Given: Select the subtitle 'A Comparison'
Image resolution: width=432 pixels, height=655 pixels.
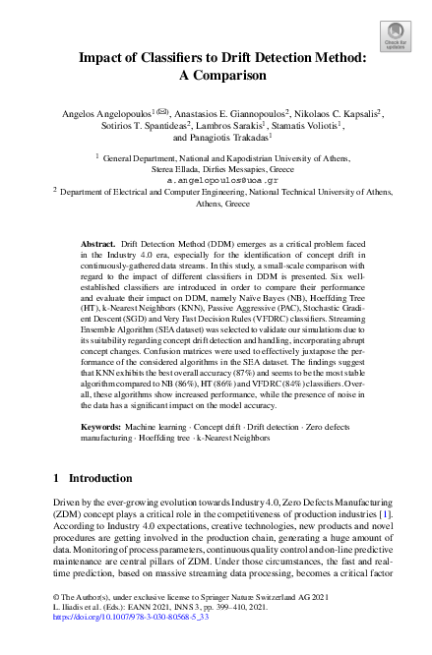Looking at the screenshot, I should pos(215,76).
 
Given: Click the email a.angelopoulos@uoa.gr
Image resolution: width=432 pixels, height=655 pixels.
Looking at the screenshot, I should pos(215,181).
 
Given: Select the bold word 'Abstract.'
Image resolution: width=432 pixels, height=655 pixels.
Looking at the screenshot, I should pos(97,241).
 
